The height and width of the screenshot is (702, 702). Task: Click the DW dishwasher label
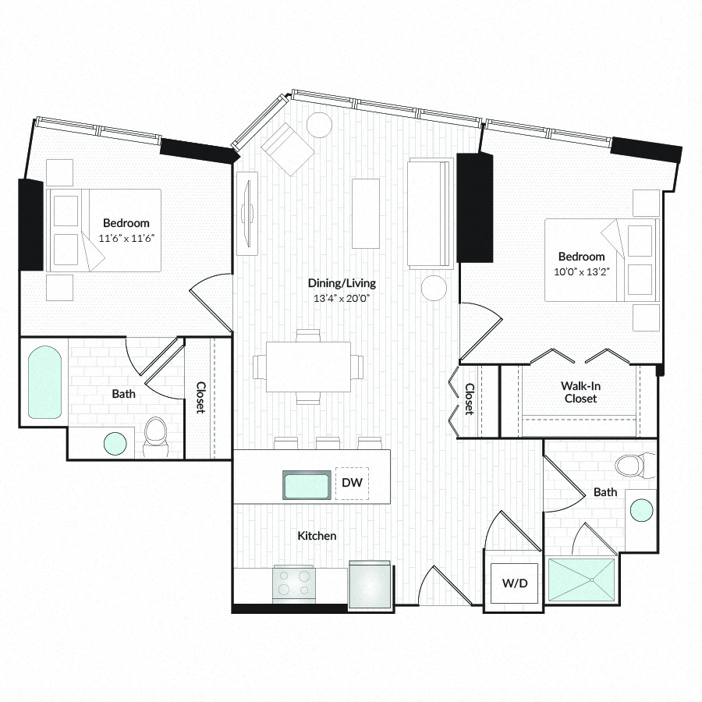click(x=352, y=482)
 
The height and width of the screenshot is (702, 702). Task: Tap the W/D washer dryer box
click(x=515, y=583)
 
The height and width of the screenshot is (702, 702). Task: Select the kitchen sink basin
click(x=307, y=485)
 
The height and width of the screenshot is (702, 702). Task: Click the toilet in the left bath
click(x=155, y=437)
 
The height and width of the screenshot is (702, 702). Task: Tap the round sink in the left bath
click(x=115, y=443)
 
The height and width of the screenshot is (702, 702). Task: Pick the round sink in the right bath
click(x=642, y=510)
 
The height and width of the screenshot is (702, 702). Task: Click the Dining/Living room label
click(x=342, y=283)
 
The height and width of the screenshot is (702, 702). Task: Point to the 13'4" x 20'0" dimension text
click(x=342, y=298)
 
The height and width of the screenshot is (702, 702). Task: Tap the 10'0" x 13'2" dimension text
click(x=582, y=271)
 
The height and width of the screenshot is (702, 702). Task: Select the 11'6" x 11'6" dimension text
click(x=126, y=238)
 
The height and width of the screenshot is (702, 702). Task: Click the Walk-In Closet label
click(x=580, y=392)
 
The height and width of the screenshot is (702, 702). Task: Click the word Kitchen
click(x=317, y=536)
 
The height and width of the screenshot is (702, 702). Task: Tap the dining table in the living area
click(x=308, y=367)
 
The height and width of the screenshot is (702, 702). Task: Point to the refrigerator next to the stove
click(x=370, y=585)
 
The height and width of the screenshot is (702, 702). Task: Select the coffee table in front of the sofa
click(x=366, y=213)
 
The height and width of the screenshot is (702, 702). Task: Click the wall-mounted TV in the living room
click(x=247, y=213)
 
